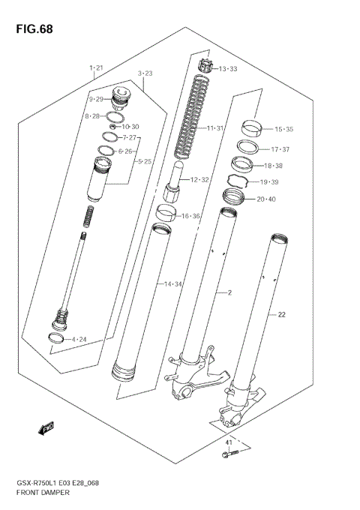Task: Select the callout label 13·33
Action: pyautogui.click(x=226, y=69)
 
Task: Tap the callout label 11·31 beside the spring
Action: pyautogui.click(x=215, y=128)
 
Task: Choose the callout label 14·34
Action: pyautogui.click(x=173, y=284)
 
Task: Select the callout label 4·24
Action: pyautogui.click(x=79, y=340)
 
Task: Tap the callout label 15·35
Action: pyautogui.click(x=283, y=129)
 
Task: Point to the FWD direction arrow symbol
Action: pyautogui.click(x=47, y=428)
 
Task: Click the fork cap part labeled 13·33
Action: pyautogui.click(x=205, y=67)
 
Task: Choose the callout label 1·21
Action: pyautogui.click(x=95, y=68)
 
